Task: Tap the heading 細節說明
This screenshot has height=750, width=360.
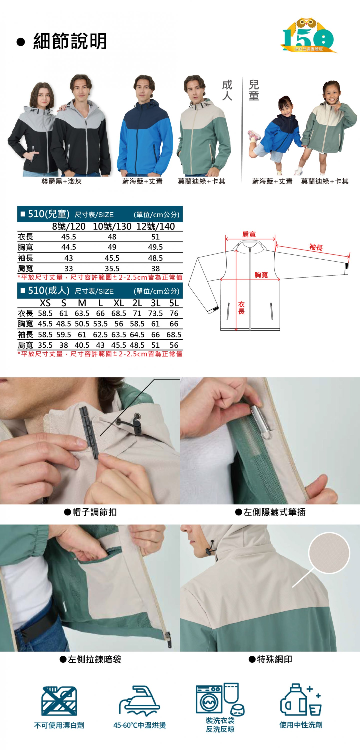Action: click(70, 41)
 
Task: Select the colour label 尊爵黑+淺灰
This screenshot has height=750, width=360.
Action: click(61, 181)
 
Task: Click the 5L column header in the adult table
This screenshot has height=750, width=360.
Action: click(174, 303)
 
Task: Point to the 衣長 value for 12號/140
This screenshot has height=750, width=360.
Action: click(155, 237)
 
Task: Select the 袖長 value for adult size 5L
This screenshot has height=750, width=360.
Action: click(174, 334)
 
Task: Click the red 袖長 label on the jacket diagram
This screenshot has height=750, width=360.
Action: click(316, 247)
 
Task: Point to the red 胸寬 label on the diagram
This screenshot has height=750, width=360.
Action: click(261, 275)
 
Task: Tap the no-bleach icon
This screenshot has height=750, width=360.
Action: click(59, 701)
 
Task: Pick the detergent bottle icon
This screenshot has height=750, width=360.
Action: click(293, 700)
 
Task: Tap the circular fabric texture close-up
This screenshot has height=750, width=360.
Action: click(329, 552)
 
